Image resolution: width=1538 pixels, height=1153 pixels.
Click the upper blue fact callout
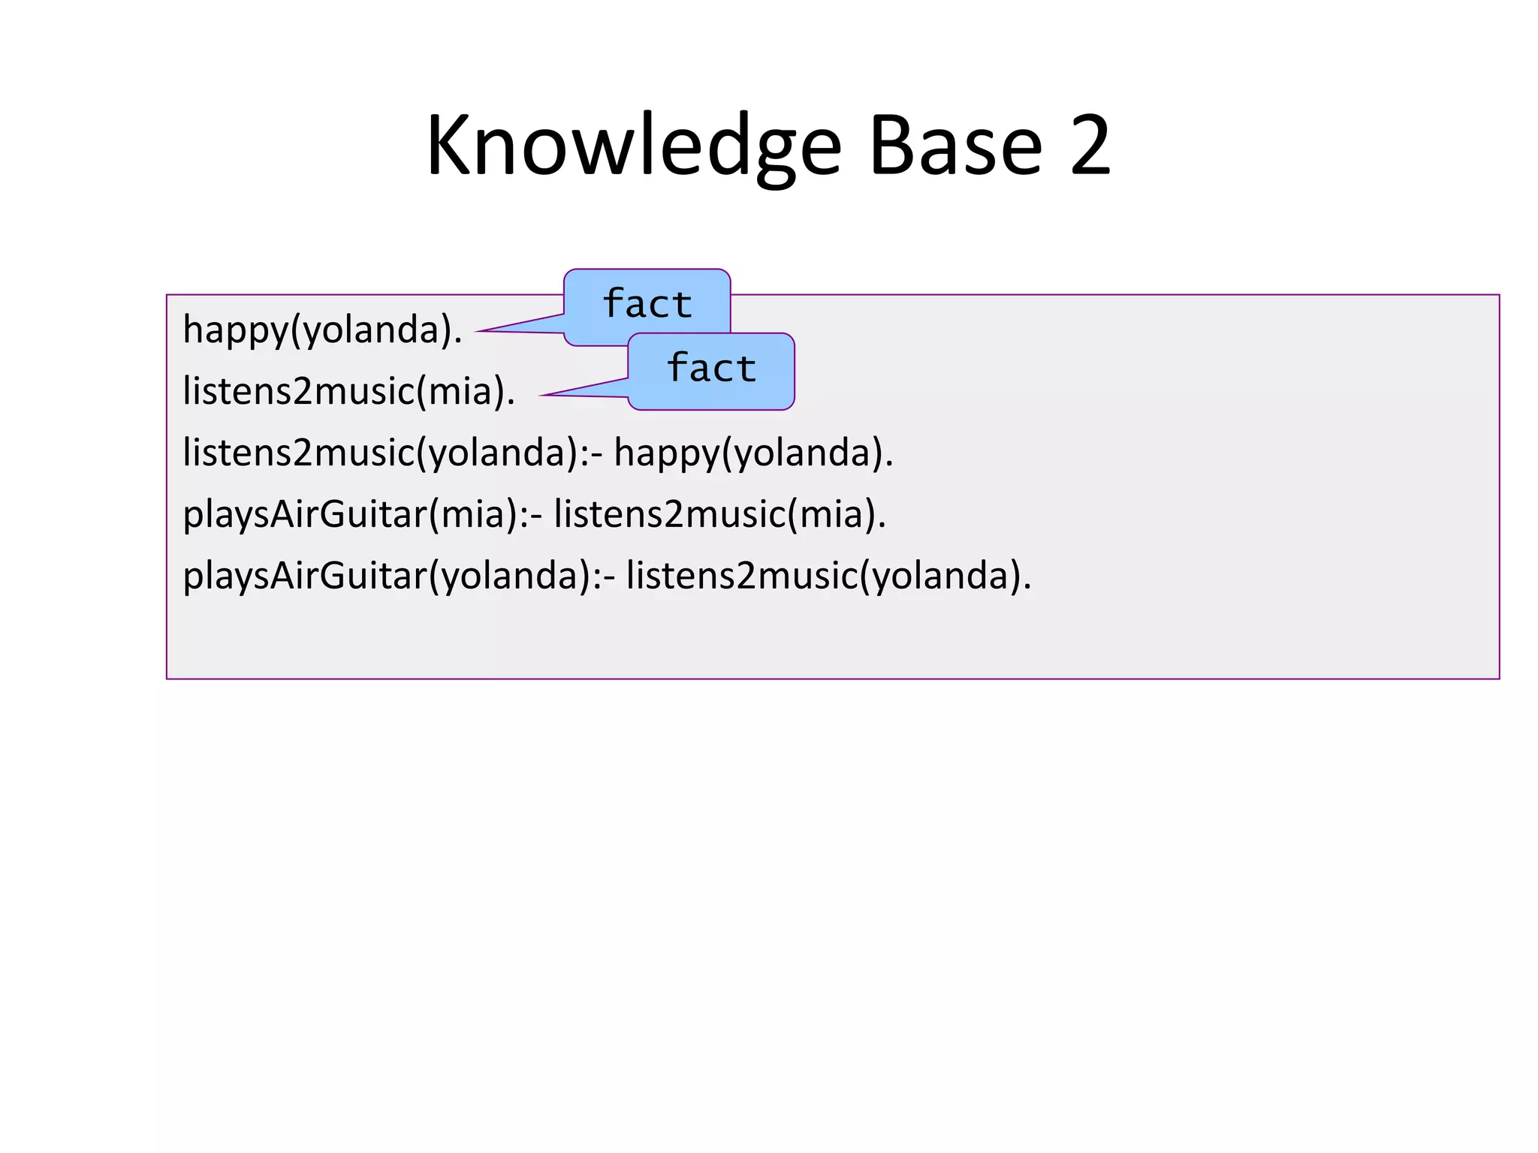647,303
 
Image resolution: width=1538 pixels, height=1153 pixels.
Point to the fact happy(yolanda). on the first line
322,330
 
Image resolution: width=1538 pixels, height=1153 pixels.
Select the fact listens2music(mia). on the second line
348,392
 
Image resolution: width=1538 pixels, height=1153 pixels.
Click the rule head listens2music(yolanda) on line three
380,453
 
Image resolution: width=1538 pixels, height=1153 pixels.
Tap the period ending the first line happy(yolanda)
458,342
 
